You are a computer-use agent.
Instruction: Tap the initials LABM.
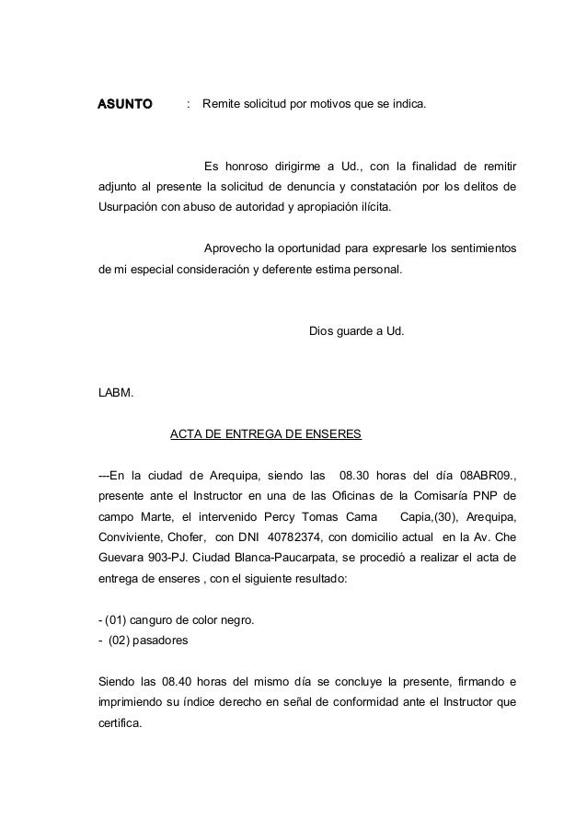[116, 394]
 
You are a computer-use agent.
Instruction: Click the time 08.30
[359, 476]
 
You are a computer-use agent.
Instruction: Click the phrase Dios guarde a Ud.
[355, 329]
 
